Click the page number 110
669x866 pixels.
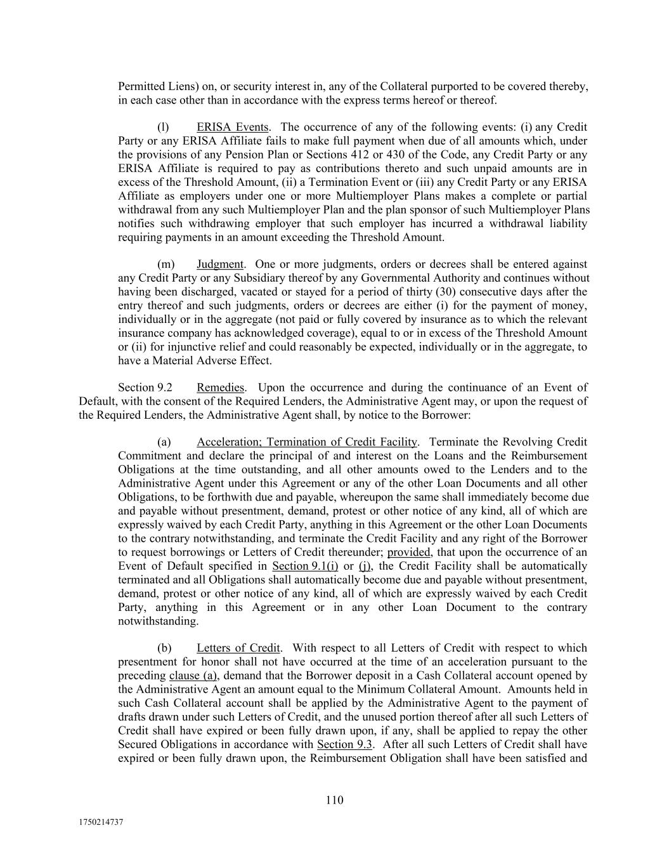[334, 800]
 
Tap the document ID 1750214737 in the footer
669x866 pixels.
[101, 822]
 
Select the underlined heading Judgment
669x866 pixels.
[219, 265]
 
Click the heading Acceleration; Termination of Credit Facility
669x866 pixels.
[306, 442]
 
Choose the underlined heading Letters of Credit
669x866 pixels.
[238, 648]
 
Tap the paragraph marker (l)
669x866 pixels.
[163, 128]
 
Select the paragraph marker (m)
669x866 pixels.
[165, 265]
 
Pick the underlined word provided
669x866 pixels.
[409, 553]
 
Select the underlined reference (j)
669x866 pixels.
[365, 566]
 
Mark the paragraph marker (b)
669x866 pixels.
[164, 648]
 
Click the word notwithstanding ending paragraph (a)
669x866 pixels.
[158, 621]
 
